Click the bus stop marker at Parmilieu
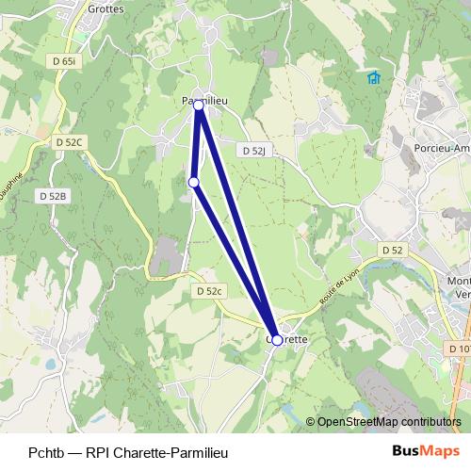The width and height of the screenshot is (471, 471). tap(199, 106)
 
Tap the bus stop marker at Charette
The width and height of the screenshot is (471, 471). tap(277, 340)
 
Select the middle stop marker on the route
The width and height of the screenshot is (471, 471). tap(193, 182)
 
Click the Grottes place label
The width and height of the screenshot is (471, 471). tap(105, 8)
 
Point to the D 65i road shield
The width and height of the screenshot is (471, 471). tap(64, 60)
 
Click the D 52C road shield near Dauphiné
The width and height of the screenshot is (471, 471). tap(70, 142)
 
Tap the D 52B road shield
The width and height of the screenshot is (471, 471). tap(53, 196)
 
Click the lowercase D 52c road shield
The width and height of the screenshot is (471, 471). tap(208, 292)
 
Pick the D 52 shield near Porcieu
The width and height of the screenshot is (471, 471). tap(392, 250)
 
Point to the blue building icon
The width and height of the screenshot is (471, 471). tap(373, 78)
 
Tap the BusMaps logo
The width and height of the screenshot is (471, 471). tap(426, 452)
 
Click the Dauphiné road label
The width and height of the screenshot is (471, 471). tap(13, 173)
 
